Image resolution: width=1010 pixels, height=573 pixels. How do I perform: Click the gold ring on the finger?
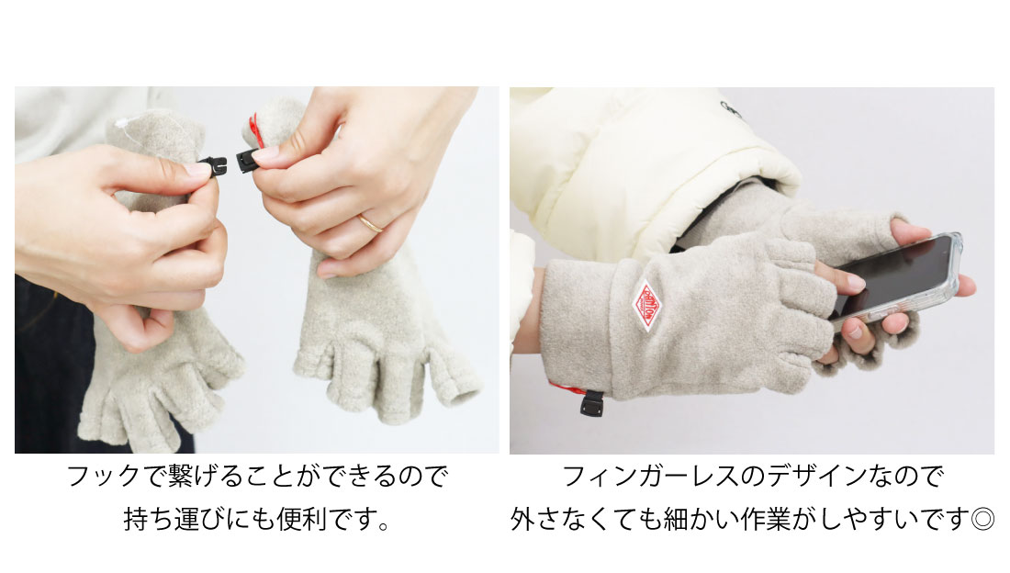(370, 224)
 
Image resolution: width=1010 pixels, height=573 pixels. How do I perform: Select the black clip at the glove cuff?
(591, 403)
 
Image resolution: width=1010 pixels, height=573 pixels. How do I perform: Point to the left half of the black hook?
(213, 167)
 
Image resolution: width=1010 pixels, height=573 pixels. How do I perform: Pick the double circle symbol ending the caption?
(983, 519)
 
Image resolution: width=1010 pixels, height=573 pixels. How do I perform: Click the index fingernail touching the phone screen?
(856, 281)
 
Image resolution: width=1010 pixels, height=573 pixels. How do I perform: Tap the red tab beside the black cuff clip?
(567, 388)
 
